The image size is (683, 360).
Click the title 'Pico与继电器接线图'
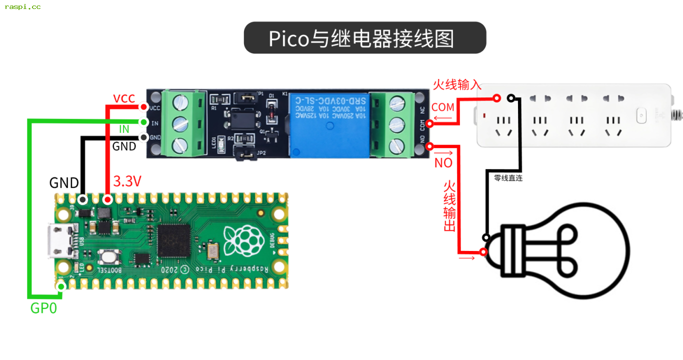tap(364, 38)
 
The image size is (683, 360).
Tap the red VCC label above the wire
tap(124, 98)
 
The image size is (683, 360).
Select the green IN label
tap(124, 129)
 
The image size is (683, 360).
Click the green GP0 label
tap(43, 308)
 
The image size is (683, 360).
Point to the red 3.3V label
tap(127, 181)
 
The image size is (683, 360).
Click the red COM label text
tap(443, 107)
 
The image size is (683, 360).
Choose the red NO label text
tap(443, 163)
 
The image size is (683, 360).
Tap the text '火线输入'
tap(457, 84)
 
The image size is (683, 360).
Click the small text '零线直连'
tap(508, 178)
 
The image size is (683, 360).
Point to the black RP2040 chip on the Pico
tap(174, 240)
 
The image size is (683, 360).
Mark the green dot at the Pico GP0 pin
tap(61, 286)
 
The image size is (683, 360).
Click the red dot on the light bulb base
tap(483, 252)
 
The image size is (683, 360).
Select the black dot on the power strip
tap(511, 98)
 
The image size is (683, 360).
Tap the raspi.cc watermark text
tap(22, 7)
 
